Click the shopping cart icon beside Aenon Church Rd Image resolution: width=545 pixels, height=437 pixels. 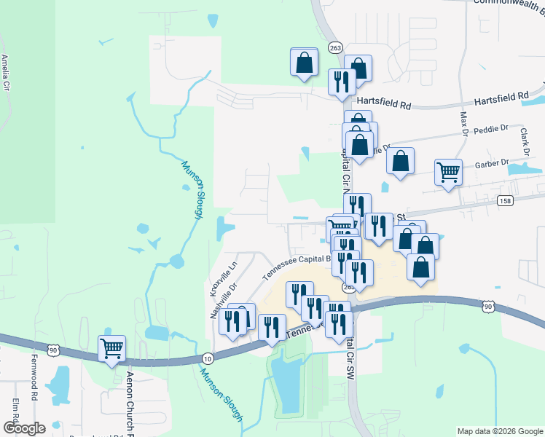coord(111,349)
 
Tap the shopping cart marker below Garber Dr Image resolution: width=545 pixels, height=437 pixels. coord(448,173)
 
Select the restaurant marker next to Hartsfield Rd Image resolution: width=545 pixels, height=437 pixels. coord(340,82)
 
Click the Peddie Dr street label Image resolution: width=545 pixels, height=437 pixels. coord(490,128)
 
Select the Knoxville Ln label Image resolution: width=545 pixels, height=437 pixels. coord(232,275)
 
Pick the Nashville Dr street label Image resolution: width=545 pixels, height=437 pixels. coord(214,301)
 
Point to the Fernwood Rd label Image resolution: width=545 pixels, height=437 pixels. coord(34,385)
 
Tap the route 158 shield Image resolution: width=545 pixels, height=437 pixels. coord(504,200)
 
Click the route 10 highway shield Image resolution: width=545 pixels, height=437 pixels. coord(208,358)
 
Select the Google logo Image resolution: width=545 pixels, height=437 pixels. coord(25,428)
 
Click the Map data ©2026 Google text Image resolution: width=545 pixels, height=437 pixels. coord(499,431)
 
